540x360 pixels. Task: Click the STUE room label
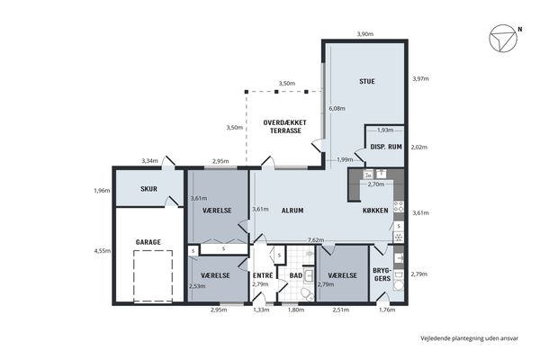pos(367,82)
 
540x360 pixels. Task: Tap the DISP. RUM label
pos(386,147)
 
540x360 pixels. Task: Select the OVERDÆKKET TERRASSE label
pos(284,126)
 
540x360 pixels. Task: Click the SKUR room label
pos(148,189)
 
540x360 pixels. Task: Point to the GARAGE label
pos(148,242)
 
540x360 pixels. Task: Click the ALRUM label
pos(292,211)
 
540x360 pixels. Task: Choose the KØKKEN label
pos(375,211)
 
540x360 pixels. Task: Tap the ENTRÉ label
pos(263,275)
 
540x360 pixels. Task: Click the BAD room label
pos(296,275)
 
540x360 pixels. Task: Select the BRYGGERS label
pos(382,274)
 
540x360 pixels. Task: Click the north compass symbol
pos(503,38)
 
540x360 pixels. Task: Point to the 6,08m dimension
pos(337,109)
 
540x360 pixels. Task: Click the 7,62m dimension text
pos(316,240)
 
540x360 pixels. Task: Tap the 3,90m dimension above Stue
pos(365,34)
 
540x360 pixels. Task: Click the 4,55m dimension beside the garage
pos(103,251)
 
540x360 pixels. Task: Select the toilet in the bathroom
pos(306,294)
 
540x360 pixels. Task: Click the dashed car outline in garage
pos(153,276)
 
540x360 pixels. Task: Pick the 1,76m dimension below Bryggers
pos(387,310)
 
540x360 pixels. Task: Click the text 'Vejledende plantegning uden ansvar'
pos(469,338)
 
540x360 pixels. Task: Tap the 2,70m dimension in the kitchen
pos(375,184)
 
